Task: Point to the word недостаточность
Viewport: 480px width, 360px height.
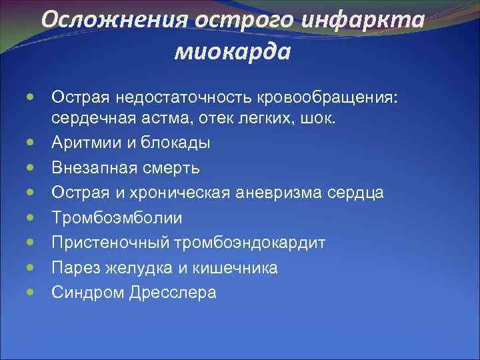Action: tap(179, 97)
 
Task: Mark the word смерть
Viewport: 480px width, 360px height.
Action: tap(169, 167)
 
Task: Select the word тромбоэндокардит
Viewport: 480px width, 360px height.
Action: tap(250, 243)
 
